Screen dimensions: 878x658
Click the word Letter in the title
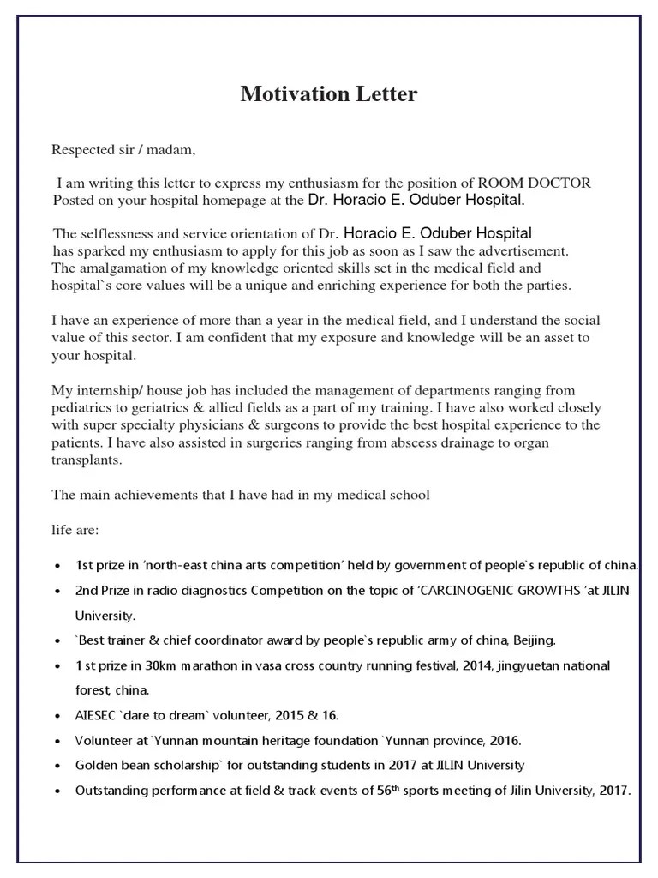pos(383,93)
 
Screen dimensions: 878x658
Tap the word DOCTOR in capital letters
pos(560,183)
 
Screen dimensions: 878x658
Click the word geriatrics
pos(161,408)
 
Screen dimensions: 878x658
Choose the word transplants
pos(86,460)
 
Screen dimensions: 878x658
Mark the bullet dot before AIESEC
pos(57,715)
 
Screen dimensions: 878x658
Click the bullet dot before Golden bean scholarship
pos(57,765)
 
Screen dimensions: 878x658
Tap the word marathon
pos(206,665)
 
